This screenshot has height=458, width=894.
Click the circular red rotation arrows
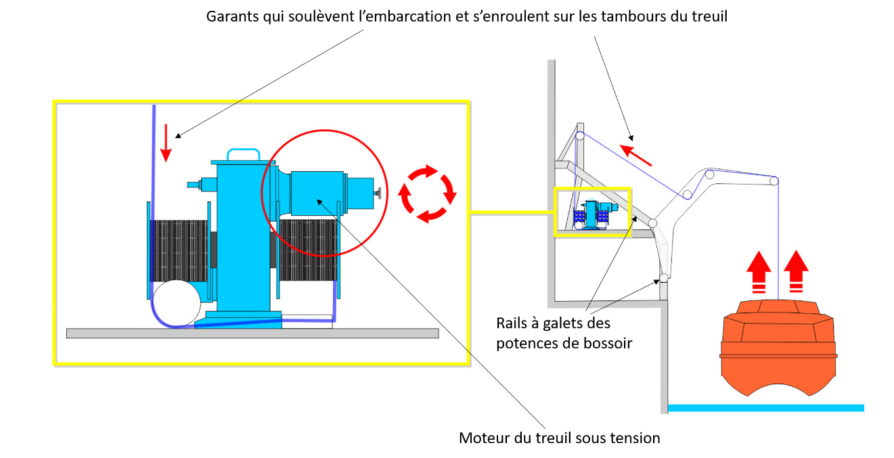(x=427, y=193)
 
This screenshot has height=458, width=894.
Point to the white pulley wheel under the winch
(x=175, y=304)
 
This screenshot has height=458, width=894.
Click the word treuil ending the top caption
(x=709, y=16)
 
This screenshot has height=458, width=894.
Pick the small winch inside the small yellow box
(x=596, y=214)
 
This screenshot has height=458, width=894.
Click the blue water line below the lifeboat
(x=765, y=407)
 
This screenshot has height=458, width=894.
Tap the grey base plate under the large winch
(x=252, y=333)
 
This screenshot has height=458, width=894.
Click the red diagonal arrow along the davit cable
(x=637, y=154)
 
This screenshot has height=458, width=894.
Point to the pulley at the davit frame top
(x=579, y=136)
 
